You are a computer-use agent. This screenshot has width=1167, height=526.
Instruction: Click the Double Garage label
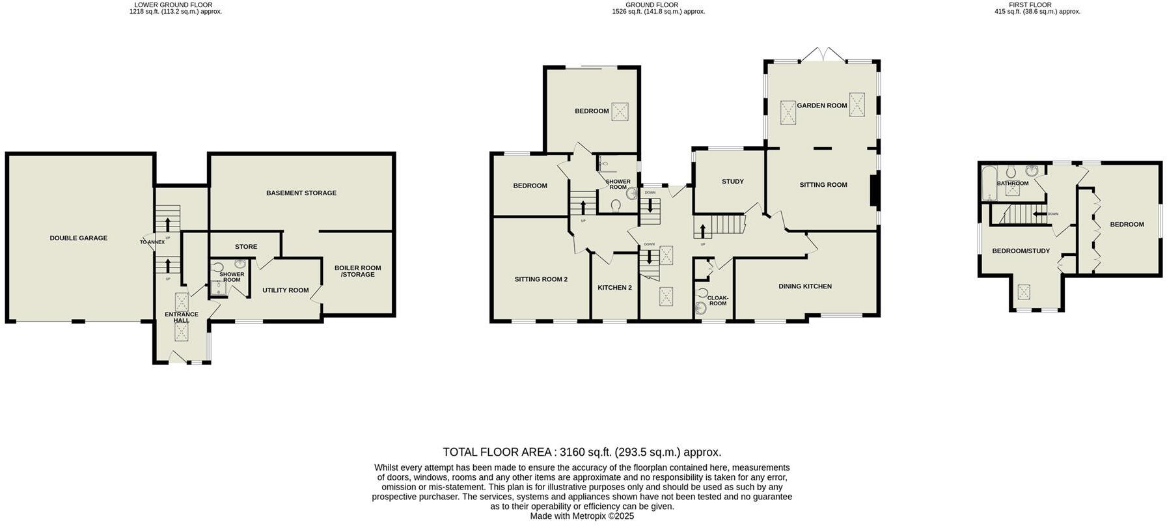(x=79, y=238)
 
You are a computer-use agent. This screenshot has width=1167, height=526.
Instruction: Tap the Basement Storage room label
(x=301, y=193)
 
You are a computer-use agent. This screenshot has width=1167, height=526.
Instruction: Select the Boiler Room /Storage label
(x=358, y=271)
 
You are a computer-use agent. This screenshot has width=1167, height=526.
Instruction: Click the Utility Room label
(x=285, y=290)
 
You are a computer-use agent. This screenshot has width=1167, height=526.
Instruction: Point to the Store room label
(x=246, y=247)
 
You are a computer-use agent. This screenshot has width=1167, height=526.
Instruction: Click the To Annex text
(x=152, y=242)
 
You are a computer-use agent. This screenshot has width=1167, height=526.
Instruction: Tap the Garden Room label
(x=822, y=105)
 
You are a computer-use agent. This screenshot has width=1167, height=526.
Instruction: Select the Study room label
(x=732, y=182)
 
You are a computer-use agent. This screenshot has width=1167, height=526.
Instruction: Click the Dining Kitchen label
(x=805, y=286)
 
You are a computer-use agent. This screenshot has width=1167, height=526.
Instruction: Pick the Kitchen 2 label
(x=615, y=288)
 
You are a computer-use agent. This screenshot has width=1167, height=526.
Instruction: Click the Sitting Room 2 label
(x=541, y=279)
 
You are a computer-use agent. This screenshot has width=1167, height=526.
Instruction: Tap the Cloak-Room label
(x=717, y=301)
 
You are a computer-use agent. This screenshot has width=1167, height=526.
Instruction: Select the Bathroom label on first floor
(x=1013, y=184)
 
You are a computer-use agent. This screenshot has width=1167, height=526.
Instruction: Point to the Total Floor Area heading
(x=582, y=452)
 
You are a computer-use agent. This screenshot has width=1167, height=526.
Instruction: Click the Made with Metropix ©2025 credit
(x=582, y=516)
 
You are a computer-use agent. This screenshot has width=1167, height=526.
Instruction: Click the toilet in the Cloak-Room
(x=702, y=292)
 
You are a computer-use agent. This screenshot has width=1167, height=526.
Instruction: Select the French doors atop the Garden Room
(x=823, y=55)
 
